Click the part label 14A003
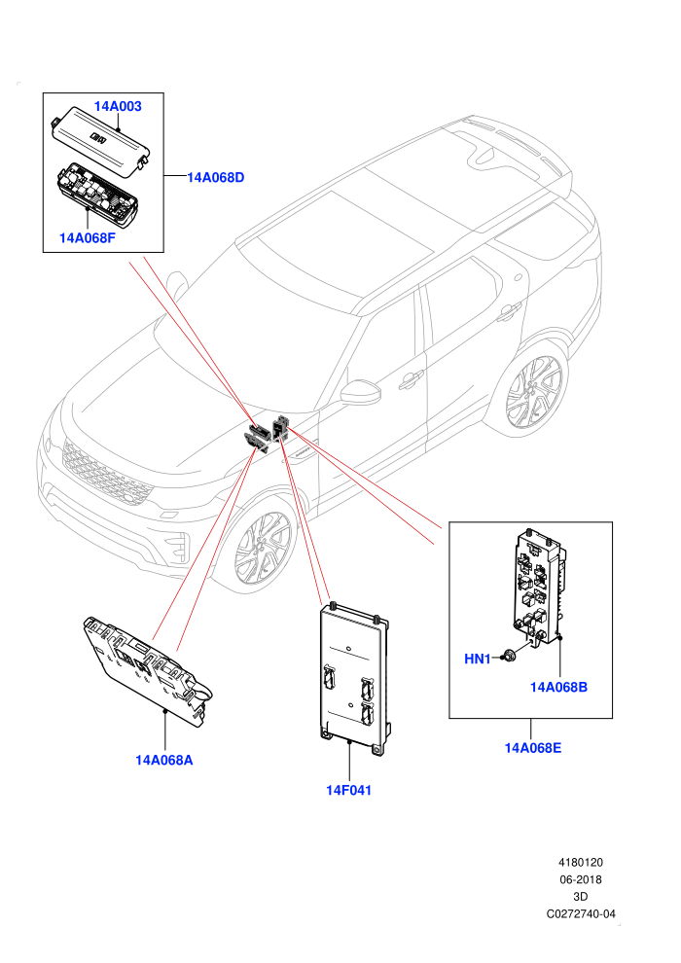pos(118,106)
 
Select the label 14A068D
pos(216,177)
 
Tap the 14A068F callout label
pos(88,237)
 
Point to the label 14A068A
pos(164,761)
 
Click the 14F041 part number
pos(349,791)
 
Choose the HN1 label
pos(477,659)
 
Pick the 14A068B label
pos(558,688)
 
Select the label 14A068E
pos(533,748)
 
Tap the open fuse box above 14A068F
pos(94,192)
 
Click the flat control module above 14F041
pos(355,677)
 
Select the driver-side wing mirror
pos(361,392)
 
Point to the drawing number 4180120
pos(580,863)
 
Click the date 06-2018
pos(580,879)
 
